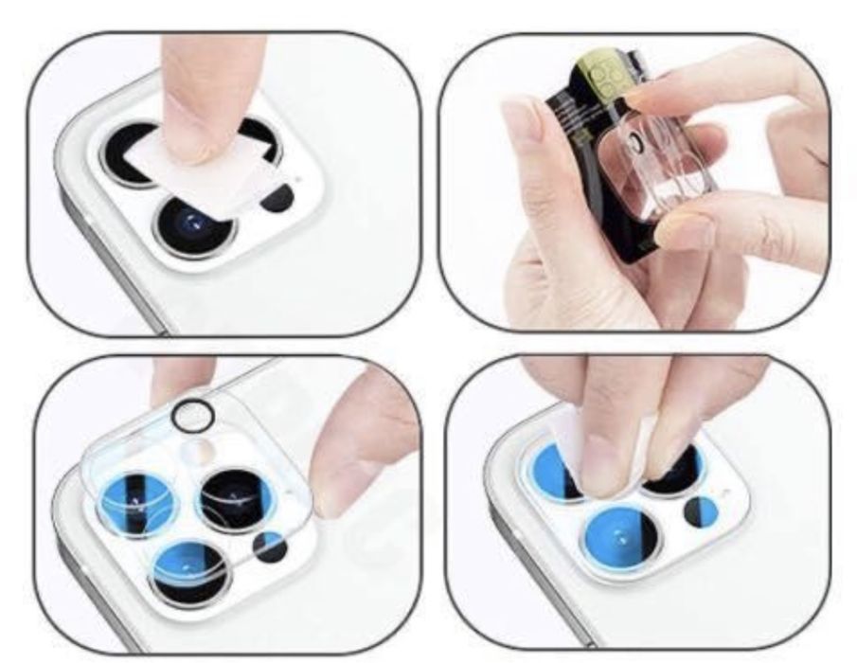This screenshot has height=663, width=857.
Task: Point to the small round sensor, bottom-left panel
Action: click(269, 546)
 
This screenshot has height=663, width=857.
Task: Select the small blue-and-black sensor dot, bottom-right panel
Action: click(701, 512)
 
